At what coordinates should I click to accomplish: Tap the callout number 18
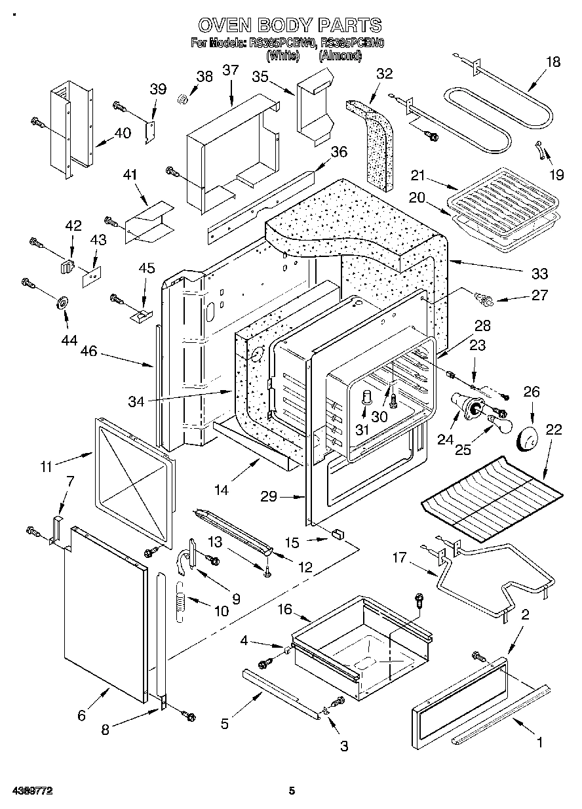click(553, 62)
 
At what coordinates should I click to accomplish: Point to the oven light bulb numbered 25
click(501, 424)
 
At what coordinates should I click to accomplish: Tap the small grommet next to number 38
click(184, 99)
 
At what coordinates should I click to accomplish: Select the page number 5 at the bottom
click(292, 791)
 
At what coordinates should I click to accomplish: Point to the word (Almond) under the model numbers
click(339, 56)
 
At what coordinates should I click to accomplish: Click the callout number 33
click(539, 273)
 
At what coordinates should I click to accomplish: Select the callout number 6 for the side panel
click(81, 715)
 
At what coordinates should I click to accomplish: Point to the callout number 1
click(540, 743)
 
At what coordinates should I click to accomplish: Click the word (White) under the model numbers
click(283, 56)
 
